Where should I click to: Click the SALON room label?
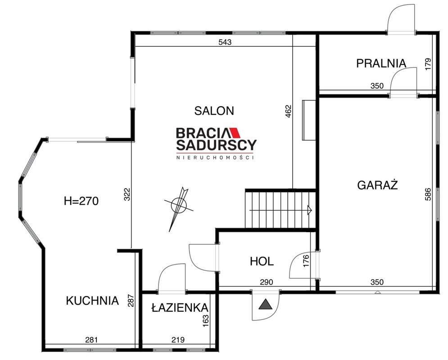point(214,111)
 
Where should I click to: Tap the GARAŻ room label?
point(377,185)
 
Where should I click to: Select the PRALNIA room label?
point(381,63)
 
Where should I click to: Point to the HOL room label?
point(262,261)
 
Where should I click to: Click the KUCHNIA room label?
point(92,301)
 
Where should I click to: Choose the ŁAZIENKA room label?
point(180,307)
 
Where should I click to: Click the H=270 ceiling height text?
point(81,201)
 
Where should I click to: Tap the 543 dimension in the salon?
point(225,42)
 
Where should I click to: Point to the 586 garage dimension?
point(428,194)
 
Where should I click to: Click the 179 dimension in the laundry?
point(428,64)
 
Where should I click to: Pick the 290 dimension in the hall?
point(266,282)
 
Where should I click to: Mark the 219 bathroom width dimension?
point(178,340)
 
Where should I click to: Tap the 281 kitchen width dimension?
point(91,340)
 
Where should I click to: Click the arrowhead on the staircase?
point(310,210)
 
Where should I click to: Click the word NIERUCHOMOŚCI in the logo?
point(215,157)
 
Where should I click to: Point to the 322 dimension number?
point(127,194)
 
